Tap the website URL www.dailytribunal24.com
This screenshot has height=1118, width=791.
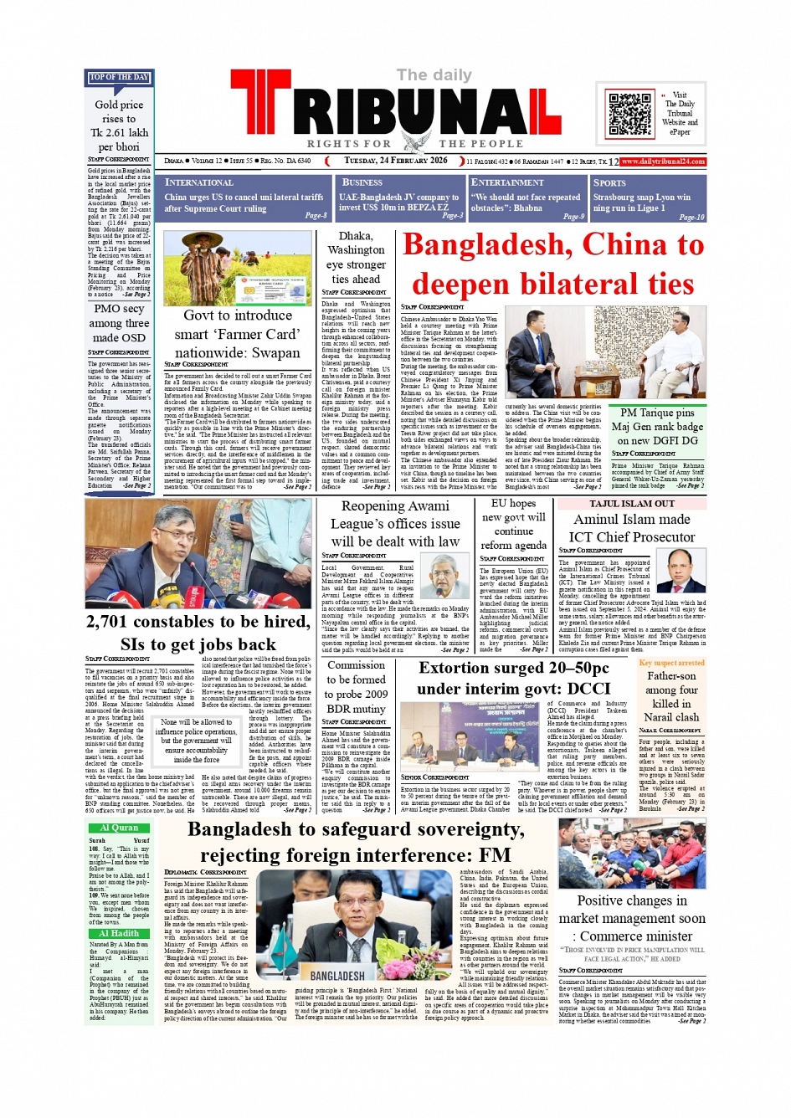coord(663,162)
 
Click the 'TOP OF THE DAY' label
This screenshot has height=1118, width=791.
coord(119,78)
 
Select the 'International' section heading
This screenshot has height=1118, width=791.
coord(199,182)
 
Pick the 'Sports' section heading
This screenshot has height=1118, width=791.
coord(609,182)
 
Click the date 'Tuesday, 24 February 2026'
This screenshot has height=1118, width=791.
coord(396,161)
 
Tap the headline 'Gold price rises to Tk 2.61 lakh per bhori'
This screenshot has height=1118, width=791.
coord(119,126)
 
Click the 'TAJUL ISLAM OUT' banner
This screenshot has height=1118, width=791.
coord(631,504)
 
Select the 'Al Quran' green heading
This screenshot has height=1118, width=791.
coord(120,828)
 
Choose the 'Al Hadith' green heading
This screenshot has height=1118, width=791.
coord(120,933)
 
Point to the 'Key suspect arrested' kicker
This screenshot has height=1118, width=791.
coord(671,663)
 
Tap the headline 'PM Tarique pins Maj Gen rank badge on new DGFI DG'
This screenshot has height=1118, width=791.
coord(657,426)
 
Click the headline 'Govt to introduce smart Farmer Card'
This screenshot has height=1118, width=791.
coord(238,334)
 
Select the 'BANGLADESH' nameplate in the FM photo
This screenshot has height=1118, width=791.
coord(337,976)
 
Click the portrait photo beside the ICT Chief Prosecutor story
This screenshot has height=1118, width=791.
coord(686,571)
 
